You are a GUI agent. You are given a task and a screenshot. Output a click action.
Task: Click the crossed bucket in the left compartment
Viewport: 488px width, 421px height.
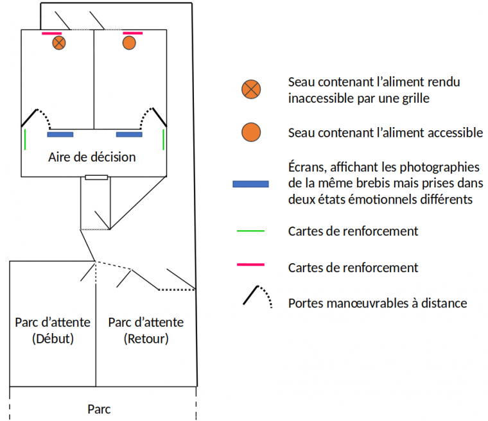point(59,43)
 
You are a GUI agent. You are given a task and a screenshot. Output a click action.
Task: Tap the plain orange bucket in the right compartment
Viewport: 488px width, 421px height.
point(129,43)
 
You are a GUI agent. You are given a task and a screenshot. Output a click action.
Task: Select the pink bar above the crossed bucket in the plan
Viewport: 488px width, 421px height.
point(51,33)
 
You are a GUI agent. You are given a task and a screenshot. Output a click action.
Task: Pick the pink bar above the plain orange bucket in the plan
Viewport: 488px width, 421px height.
point(132,33)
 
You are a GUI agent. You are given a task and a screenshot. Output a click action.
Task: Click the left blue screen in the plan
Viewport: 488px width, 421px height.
point(60,135)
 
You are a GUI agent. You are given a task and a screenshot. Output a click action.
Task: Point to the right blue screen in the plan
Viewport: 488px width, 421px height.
point(129,135)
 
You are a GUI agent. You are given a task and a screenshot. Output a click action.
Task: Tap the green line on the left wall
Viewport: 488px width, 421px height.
point(25,139)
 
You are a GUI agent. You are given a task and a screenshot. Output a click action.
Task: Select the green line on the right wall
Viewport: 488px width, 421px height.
point(164,139)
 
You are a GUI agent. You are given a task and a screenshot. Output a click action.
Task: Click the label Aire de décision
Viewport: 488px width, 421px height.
point(92,157)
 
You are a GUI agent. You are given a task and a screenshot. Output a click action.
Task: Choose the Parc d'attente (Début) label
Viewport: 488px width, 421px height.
point(53,330)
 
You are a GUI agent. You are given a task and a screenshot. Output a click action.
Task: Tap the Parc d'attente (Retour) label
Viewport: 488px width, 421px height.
point(146,330)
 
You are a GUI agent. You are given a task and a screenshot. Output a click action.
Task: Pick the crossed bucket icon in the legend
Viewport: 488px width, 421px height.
point(251,90)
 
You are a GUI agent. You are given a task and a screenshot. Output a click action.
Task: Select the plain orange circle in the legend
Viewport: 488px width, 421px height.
point(251,132)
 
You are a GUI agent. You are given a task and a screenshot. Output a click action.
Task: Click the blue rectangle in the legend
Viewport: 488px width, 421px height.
point(250,184)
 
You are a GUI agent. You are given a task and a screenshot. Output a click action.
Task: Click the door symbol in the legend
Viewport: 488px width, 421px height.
point(255,296)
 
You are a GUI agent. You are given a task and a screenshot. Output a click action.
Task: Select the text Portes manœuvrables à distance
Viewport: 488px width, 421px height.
point(378,303)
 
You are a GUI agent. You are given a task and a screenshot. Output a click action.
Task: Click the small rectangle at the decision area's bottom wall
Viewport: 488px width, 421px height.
point(96,177)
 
